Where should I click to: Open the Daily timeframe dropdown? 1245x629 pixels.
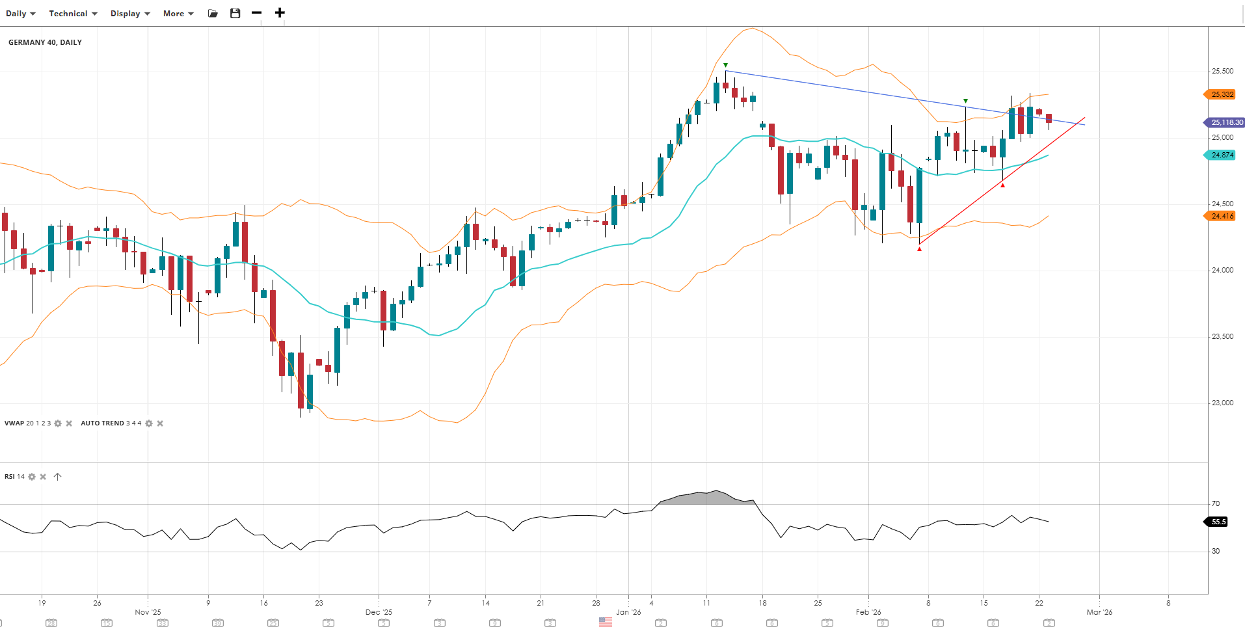point(20,14)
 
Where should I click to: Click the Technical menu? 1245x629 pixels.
point(73,14)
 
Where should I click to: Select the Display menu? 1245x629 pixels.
point(130,14)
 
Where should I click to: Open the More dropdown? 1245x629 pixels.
point(178,14)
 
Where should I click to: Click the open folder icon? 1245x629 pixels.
point(213,14)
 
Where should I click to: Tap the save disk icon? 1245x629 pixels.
point(235,13)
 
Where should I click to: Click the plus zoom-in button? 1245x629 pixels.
point(280,13)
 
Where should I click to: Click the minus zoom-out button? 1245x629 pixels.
point(257,13)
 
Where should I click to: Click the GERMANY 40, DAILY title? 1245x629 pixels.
point(45,42)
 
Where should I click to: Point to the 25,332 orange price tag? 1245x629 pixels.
point(1222,94)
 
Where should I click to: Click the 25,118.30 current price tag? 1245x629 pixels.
point(1226,122)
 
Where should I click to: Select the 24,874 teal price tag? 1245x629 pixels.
point(1222,155)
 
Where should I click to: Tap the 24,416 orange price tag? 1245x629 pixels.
point(1222,216)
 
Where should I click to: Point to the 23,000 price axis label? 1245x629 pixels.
point(1222,403)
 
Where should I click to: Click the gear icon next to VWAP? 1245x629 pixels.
point(58,423)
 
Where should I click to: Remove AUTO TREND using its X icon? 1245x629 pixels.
point(160,423)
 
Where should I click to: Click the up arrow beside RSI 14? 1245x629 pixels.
point(57,477)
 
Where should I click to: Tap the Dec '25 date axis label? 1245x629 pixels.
point(379,612)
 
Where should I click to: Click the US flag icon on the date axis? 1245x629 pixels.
point(606,622)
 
